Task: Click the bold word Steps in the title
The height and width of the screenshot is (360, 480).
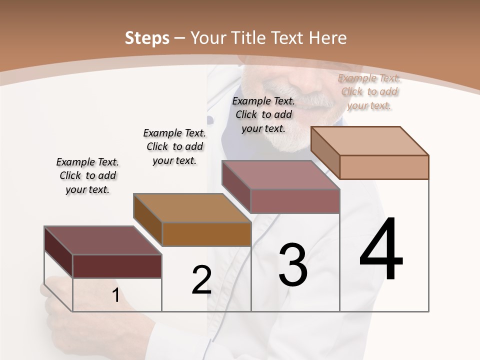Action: (x=146, y=38)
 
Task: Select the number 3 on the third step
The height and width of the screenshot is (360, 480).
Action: (x=292, y=265)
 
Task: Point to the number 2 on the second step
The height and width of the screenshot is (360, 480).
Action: (x=201, y=280)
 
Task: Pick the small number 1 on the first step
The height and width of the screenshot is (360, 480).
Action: (x=116, y=295)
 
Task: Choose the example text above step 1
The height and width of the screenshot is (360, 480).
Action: (x=87, y=175)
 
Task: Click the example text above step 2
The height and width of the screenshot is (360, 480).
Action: (x=174, y=146)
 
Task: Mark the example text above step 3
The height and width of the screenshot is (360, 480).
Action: (x=263, y=114)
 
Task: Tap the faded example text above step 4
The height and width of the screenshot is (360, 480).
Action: (x=369, y=91)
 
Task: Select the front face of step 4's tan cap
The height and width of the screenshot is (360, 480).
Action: (x=384, y=167)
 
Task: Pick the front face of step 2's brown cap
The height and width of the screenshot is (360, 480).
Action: (x=206, y=234)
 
